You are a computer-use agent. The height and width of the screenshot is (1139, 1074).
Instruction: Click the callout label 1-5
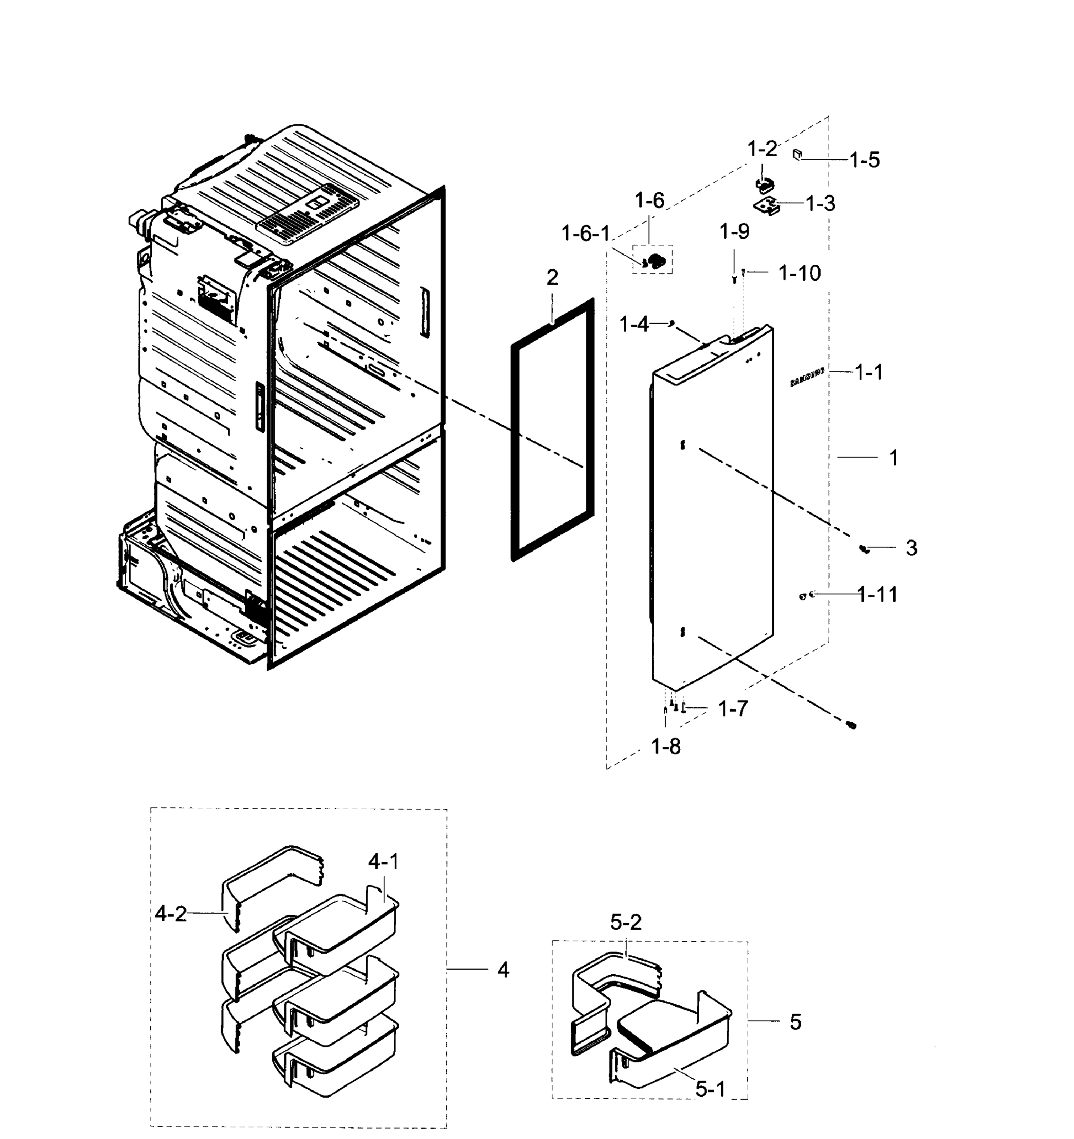coord(864,160)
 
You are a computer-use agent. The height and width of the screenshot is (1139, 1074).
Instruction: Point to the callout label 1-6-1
coord(585,234)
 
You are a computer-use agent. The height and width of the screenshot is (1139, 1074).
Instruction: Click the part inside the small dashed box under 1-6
coord(655,261)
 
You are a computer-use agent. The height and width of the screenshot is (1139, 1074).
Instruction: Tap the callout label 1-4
coord(634,325)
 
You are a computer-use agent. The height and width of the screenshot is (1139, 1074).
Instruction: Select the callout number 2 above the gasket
coord(552,278)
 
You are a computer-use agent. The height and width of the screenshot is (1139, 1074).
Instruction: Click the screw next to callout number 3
coord(864,549)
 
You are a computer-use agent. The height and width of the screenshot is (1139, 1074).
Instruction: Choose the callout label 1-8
coord(666,747)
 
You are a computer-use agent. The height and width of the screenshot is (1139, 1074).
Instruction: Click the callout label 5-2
coord(626,922)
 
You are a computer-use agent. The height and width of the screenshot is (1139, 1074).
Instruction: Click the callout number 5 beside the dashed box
coord(795,1022)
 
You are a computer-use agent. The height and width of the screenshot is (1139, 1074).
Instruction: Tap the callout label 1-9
coord(734,232)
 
